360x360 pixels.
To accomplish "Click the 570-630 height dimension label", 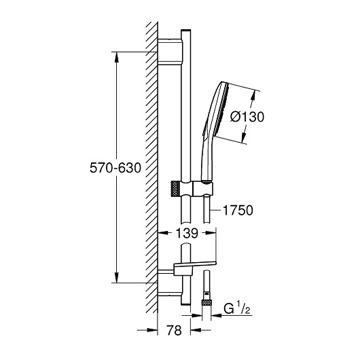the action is pyautogui.click(x=115, y=168).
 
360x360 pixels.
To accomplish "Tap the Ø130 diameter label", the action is pyautogui.click(x=247, y=117).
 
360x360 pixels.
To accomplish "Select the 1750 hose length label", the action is pyautogui.click(x=238, y=211).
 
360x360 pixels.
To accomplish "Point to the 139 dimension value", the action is pyautogui.click(x=187, y=233).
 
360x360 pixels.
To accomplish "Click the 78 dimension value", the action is pyautogui.click(x=174, y=331).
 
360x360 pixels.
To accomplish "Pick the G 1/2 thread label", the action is pyautogui.click(x=237, y=309).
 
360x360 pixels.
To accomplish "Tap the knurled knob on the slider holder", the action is pyautogui.click(x=175, y=189).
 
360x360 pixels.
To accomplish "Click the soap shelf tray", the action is pyautogui.click(x=195, y=267).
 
